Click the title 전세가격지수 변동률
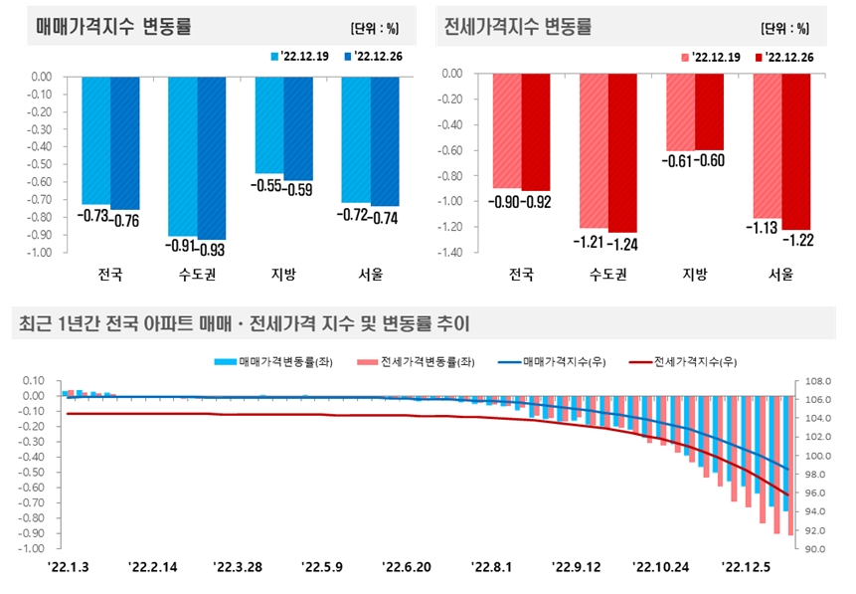pos(517,27)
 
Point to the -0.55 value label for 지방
pos(268,186)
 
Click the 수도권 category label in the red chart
pos(607,275)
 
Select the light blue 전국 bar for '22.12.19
pos(95,140)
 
